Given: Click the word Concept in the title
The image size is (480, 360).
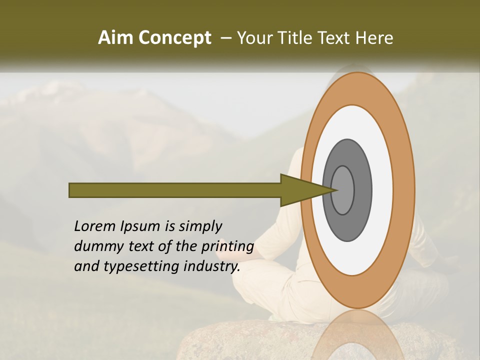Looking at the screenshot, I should tap(174, 38).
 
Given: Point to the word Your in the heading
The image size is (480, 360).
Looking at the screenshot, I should tap(254, 38).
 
